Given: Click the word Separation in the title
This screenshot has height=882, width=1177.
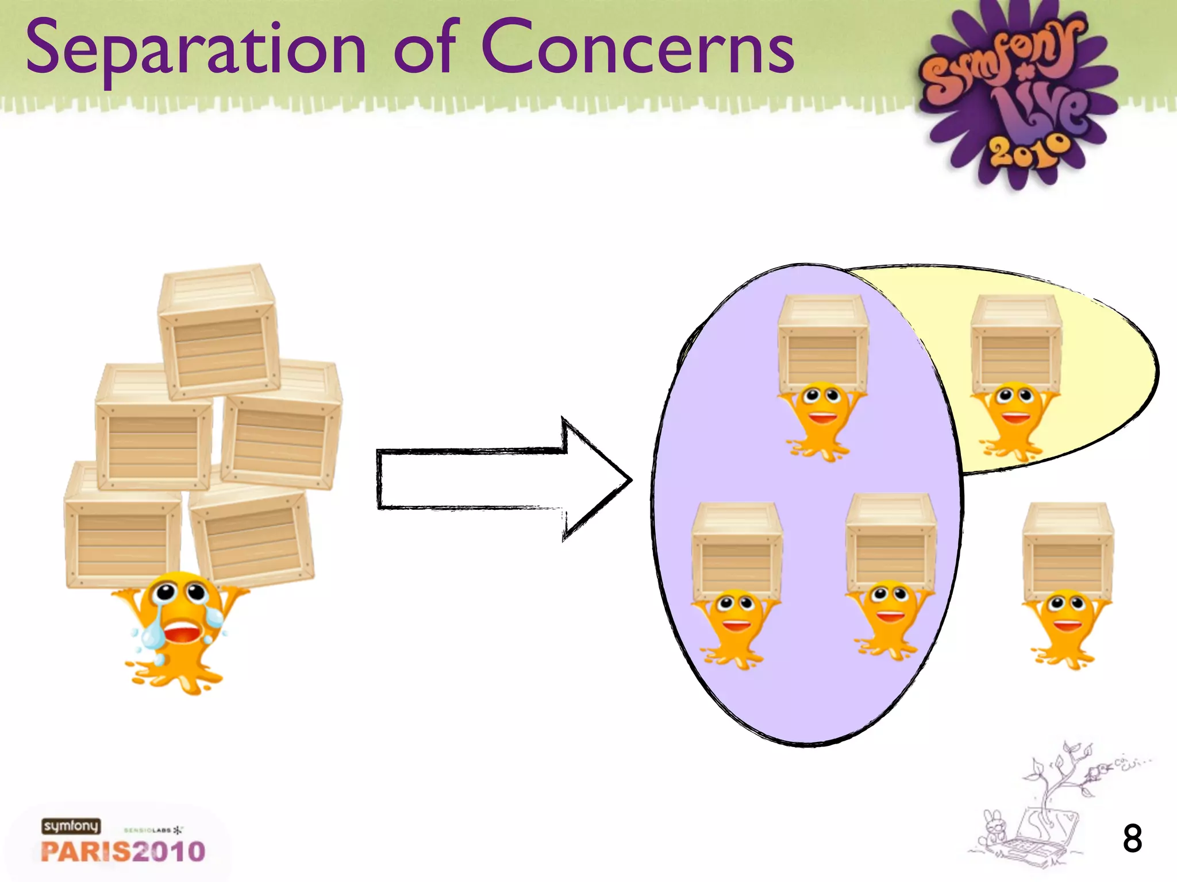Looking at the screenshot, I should pos(195,49).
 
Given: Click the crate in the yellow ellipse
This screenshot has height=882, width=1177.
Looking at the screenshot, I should pos(1016,343).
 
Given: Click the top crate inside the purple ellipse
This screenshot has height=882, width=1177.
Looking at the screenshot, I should pos(823,343).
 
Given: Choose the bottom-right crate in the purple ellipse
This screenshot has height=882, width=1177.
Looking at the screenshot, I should pos(890,543).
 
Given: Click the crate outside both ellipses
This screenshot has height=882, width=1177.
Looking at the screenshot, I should pos(1067,551).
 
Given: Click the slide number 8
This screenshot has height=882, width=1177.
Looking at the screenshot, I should pos(1132,839).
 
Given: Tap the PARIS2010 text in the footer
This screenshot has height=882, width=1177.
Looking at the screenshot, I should pos(123,851).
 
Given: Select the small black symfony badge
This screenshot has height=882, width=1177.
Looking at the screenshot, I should pos(71,826).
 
